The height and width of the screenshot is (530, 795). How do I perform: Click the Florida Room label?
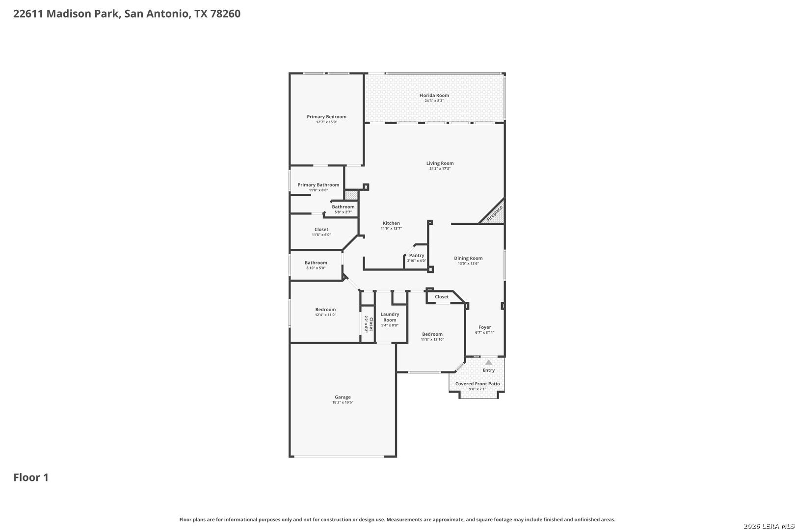pyautogui.click(x=434, y=95)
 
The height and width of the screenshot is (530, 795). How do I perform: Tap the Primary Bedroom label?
pyautogui.click(x=326, y=116)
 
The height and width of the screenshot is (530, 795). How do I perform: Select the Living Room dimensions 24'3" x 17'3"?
pyautogui.click(x=440, y=169)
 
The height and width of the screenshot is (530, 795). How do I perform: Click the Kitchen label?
pyautogui.click(x=391, y=223)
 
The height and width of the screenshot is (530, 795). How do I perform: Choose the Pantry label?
pyautogui.click(x=417, y=255)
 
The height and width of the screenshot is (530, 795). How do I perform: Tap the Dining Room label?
pyautogui.click(x=468, y=258)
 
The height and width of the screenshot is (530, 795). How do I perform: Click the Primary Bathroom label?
pyautogui.click(x=318, y=185)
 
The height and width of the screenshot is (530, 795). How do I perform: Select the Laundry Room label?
pyautogui.click(x=390, y=317)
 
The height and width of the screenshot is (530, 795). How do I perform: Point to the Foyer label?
pyautogui.click(x=484, y=327)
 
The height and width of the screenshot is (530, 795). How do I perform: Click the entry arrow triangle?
pyautogui.click(x=489, y=363)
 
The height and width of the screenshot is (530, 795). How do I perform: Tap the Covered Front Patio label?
pyautogui.click(x=477, y=384)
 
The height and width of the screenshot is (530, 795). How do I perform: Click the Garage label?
pyautogui.click(x=343, y=397)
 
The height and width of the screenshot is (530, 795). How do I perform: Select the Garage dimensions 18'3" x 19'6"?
pyautogui.click(x=343, y=402)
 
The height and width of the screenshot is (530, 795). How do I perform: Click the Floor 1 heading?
pyautogui.click(x=31, y=477)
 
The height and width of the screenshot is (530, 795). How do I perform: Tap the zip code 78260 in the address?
pyautogui.click(x=225, y=13)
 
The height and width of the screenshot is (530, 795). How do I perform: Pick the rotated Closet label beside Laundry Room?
pyautogui.click(x=371, y=324)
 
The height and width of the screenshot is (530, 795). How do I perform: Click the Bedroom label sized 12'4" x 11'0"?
pyautogui.click(x=325, y=310)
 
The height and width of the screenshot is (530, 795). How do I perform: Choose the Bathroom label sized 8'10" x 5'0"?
pyautogui.click(x=316, y=263)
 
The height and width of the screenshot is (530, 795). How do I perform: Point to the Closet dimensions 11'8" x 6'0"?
pyautogui.click(x=321, y=235)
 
